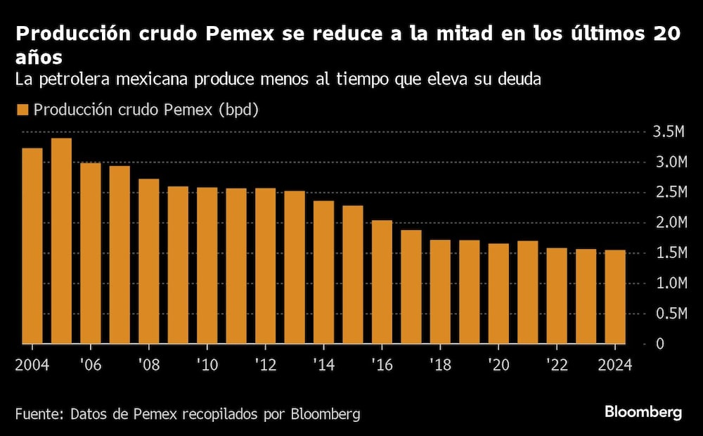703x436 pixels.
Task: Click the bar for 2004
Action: [x=32, y=246]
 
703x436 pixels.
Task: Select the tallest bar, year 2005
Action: [x=61, y=241]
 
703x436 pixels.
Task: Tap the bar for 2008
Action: [x=148, y=262]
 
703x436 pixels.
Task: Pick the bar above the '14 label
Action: [x=323, y=273]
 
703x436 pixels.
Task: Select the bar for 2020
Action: [x=498, y=294]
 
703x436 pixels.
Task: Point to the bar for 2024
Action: [x=615, y=297]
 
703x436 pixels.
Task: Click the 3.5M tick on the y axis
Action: [x=669, y=132]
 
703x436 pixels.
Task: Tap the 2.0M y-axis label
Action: [x=669, y=222]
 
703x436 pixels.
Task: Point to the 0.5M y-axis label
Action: [x=669, y=314]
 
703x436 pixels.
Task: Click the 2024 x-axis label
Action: [x=615, y=366]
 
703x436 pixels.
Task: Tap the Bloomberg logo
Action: [x=643, y=413]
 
